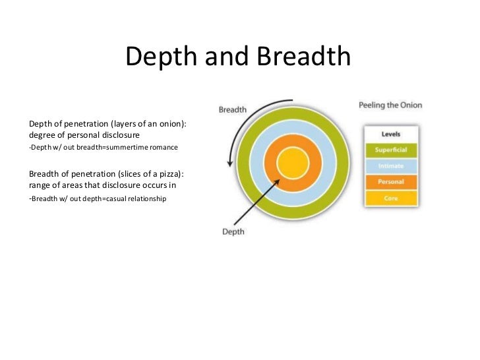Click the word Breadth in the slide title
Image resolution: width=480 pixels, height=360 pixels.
click(303, 58)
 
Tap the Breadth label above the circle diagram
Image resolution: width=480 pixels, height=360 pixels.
click(232, 109)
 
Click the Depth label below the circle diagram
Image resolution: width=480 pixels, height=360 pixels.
click(233, 231)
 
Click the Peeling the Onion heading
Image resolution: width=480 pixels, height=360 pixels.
click(390, 105)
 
